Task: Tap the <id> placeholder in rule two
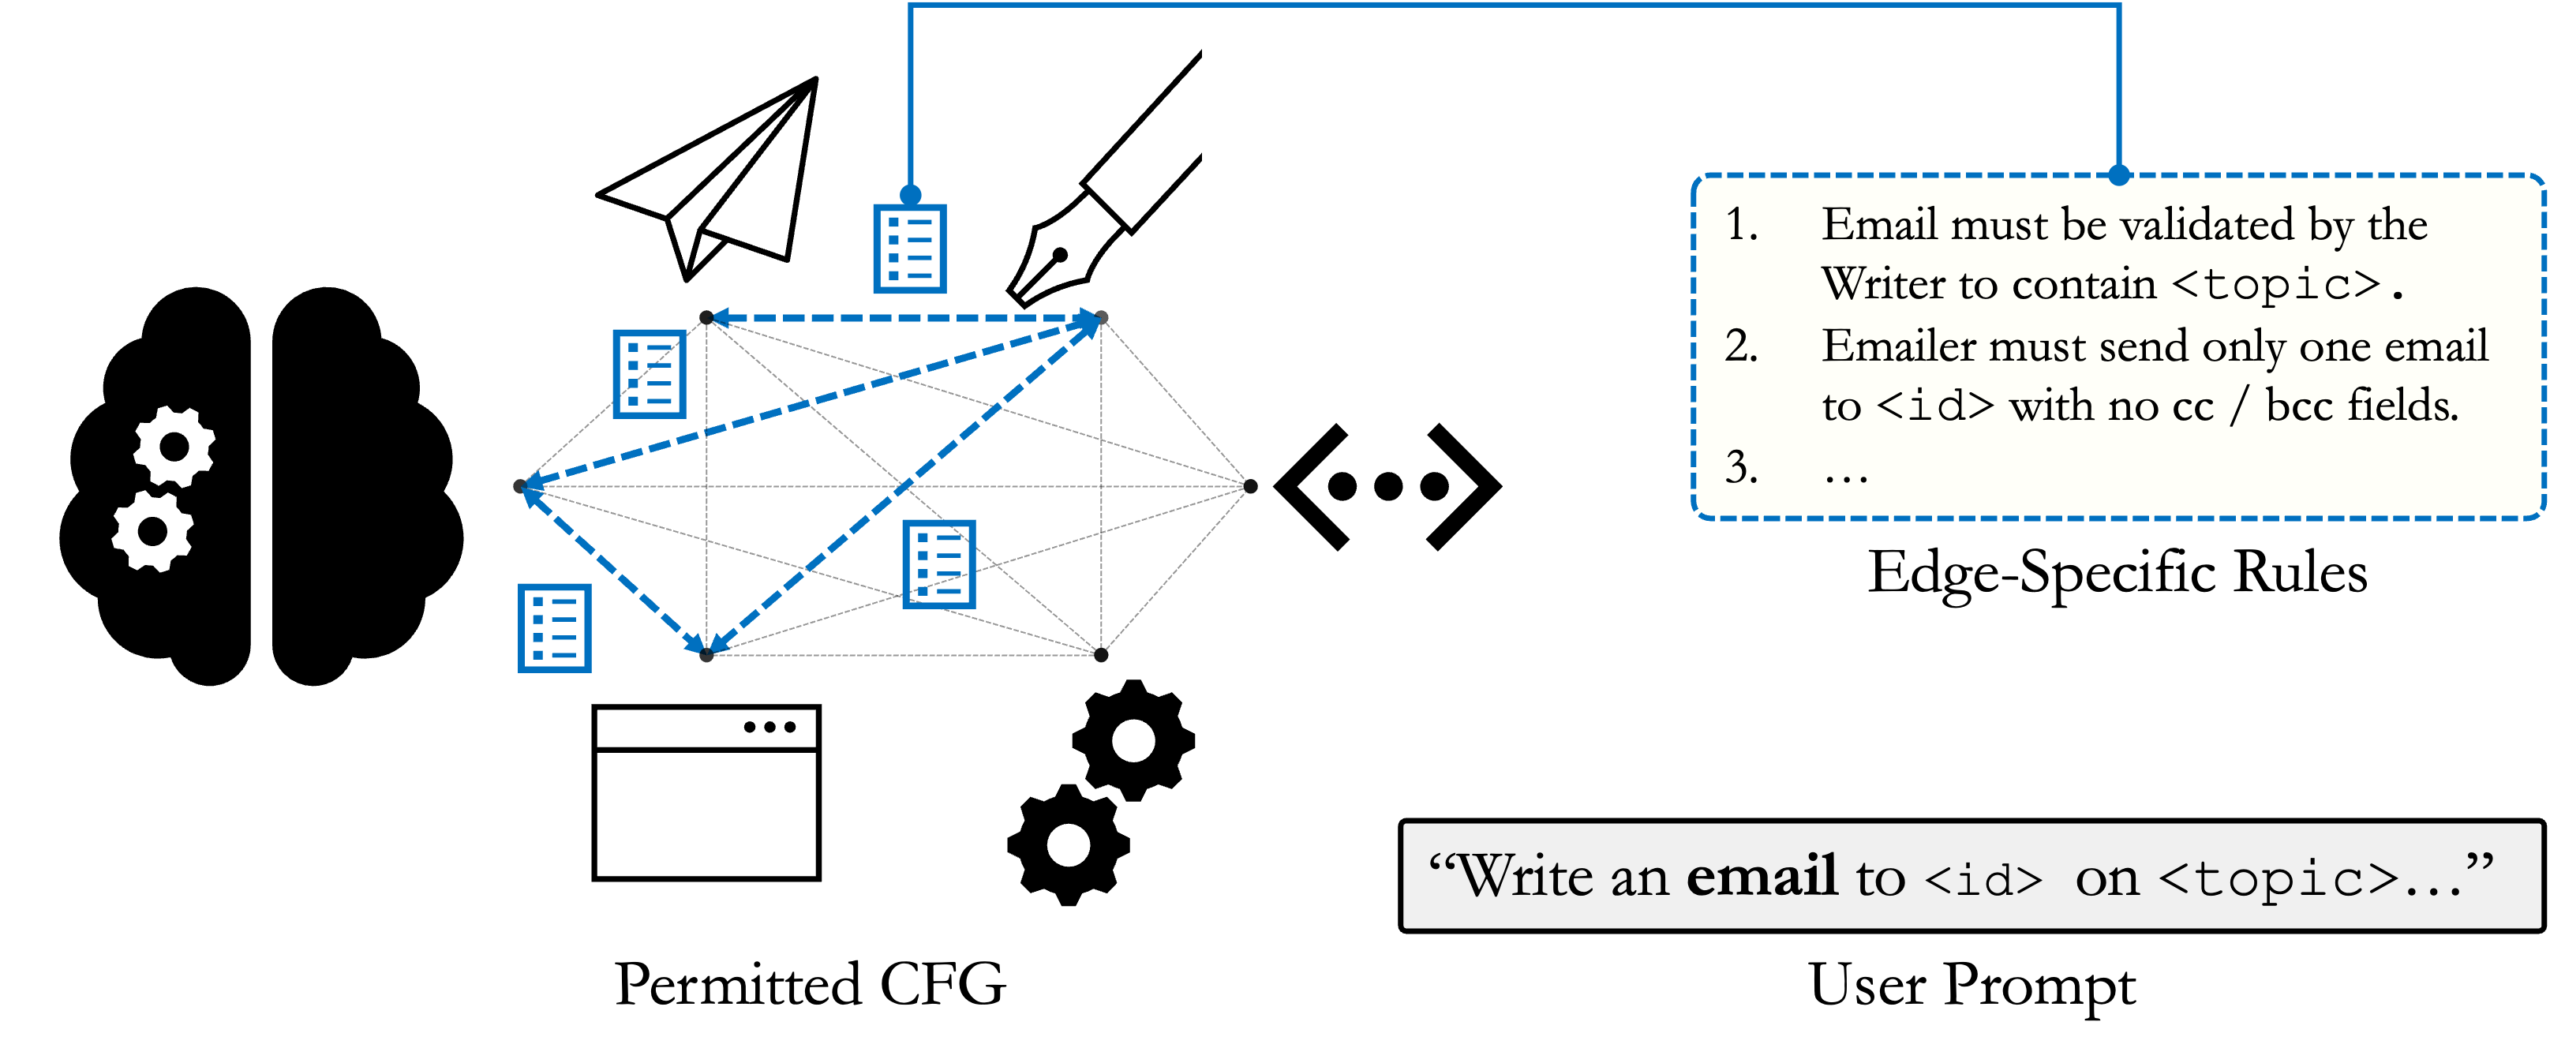click(1934, 406)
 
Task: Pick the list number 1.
click(1740, 225)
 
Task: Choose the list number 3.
click(1740, 467)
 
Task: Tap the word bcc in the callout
click(2298, 406)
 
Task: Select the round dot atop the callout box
click(2118, 176)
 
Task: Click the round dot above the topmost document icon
click(911, 194)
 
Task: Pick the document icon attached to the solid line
click(910, 249)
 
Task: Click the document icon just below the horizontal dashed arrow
click(650, 374)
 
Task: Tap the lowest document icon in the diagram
click(554, 627)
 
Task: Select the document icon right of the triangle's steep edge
click(938, 563)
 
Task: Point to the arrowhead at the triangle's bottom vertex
click(707, 646)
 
